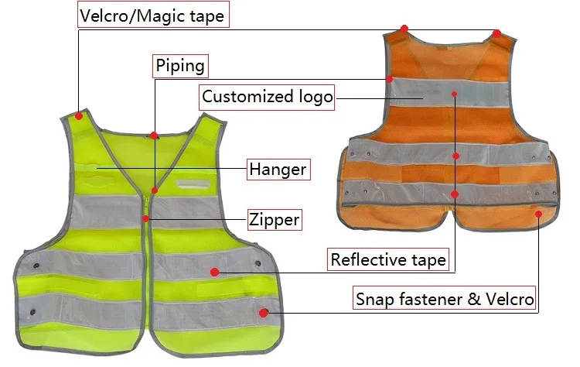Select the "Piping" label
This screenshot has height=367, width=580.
[x=180, y=66]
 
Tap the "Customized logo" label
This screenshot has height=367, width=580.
[x=267, y=97]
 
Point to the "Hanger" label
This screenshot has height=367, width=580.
[x=278, y=169]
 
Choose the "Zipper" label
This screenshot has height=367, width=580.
[x=274, y=219]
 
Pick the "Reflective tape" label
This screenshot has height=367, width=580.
[x=387, y=259]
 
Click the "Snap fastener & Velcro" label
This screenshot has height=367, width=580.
[x=445, y=298]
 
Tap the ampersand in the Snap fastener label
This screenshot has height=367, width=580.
[x=473, y=298]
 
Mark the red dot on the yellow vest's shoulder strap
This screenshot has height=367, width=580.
[x=79, y=117]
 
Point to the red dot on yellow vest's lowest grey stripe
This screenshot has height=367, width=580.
[x=264, y=313]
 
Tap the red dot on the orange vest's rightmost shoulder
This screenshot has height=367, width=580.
[x=496, y=33]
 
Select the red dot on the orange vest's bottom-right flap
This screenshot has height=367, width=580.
[x=539, y=213]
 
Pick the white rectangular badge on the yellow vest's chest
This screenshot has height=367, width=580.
[x=193, y=184]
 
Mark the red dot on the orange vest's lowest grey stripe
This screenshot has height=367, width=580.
[x=455, y=194]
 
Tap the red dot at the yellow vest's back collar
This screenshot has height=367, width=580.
[x=154, y=135]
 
